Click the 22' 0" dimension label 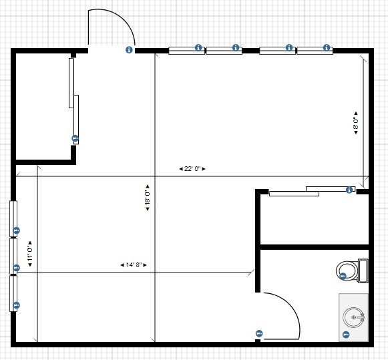(192, 169)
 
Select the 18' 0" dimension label (148, 198)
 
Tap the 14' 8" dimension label (134, 265)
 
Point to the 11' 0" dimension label (30, 254)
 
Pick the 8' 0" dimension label (356, 123)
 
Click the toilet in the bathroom (352, 271)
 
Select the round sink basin (354, 317)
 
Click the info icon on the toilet (343, 276)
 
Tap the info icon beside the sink (346, 335)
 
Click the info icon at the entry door (129, 49)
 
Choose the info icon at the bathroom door (259, 333)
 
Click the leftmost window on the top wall (187, 51)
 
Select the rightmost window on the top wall (315, 51)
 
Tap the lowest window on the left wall (13, 293)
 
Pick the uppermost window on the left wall (13, 218)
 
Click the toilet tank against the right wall (363, 271)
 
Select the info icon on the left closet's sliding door (75, 138)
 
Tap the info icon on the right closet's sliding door (349, 190)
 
